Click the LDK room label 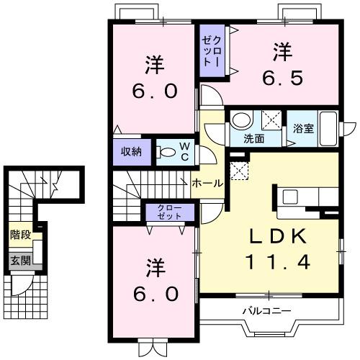pos(270,235)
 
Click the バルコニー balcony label pos(266,312)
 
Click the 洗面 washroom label pos(252,138)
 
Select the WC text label pos(184,151)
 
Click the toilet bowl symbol pos(167,152)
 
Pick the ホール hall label pos(207,183)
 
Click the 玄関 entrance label pos(19,260)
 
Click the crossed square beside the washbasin pos(271,120)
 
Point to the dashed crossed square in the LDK pos(238,170)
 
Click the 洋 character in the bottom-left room pos(153,266)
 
